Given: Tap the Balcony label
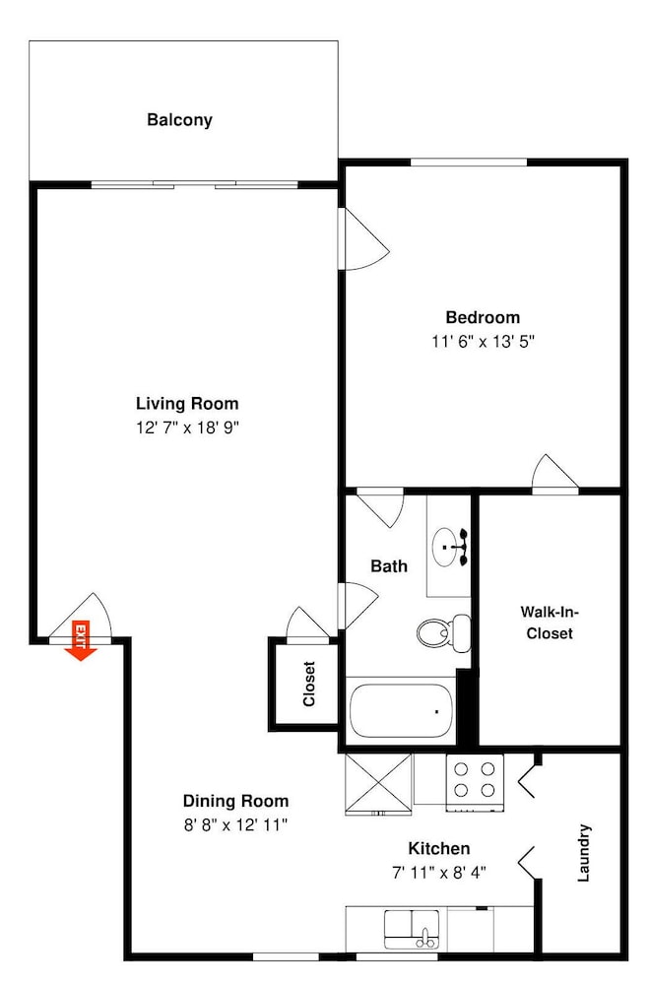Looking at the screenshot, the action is (x=179, y=120).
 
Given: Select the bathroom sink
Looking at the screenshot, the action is (x=446, y=547).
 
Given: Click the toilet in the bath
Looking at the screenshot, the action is (x=444, y=632).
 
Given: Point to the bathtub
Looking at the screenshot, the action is (x=401, y=711).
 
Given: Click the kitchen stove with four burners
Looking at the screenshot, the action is (x=475, y=782).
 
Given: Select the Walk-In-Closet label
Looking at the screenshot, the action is (x=550, y=622).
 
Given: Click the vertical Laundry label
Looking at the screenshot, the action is (x=584, y=852).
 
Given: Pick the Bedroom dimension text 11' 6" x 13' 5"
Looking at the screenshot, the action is (x=483, y=342).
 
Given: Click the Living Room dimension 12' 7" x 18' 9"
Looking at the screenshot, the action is (x=188, y=427).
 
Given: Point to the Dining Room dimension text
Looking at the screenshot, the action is (x=235, y=824).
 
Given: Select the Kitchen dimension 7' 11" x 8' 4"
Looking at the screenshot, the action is (x=439, y=873).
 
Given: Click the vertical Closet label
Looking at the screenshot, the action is (x=309, y=684).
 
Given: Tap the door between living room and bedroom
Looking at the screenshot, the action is (x=363, y=239).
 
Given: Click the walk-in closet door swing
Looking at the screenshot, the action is (x=555, y=471).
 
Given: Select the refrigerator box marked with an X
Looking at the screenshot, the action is (x=378, y=784).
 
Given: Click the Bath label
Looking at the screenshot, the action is (x=389, y=566).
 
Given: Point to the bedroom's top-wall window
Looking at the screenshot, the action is (x=469, y=163).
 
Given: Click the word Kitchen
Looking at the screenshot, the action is (x=439, y=849).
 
